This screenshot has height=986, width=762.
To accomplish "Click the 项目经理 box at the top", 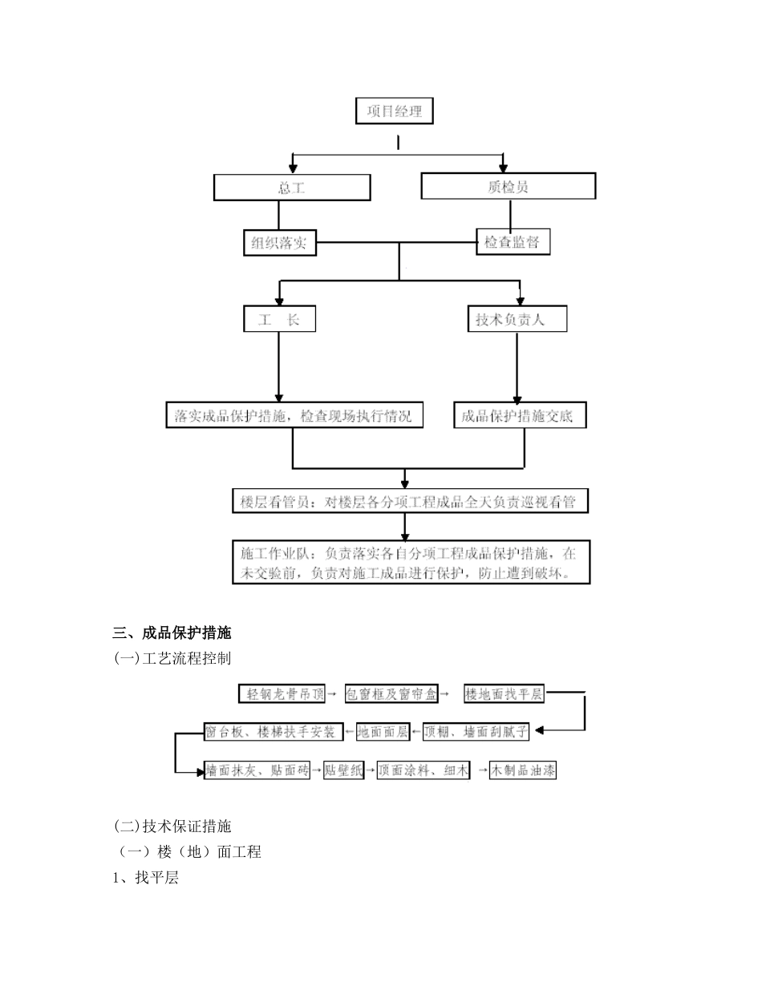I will (394, 111).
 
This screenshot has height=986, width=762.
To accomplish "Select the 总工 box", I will (291, 188).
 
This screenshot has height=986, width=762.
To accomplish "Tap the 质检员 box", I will (508, 187).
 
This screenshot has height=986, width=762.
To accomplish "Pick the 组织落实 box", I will (279, 243).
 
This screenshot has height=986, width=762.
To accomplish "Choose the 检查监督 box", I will (513, 242).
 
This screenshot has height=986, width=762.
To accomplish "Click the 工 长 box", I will (279, 319).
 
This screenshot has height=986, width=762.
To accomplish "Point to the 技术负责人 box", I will (517, 319).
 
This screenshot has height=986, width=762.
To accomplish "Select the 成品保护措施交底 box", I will (520, 416).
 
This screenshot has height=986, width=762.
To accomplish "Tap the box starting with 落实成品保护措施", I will (294, 416).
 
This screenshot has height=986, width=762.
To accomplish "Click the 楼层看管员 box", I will (409, 502).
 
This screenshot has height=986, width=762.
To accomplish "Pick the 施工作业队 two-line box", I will (411, 563).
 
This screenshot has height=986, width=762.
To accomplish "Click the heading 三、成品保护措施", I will (172, 633).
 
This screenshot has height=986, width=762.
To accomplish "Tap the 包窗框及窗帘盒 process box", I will (391, 694).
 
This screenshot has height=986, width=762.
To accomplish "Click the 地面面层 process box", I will (382, 732).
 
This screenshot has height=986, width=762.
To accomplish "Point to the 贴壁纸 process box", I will (343, 771).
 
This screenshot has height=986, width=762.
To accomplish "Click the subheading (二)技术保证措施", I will (172, 826).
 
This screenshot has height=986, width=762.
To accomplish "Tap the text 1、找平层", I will (145, 878).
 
